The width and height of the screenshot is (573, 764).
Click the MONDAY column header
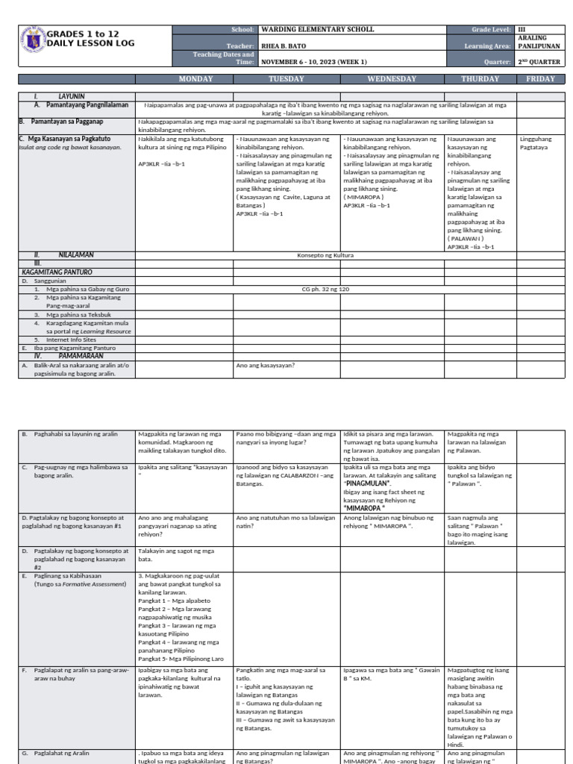tap(184, 78)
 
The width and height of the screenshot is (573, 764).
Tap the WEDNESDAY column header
tap(392, 78)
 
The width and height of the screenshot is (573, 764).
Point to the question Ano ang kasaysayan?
tap(266, 366)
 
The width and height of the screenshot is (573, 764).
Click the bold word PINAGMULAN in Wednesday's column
tap(367, 483)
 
